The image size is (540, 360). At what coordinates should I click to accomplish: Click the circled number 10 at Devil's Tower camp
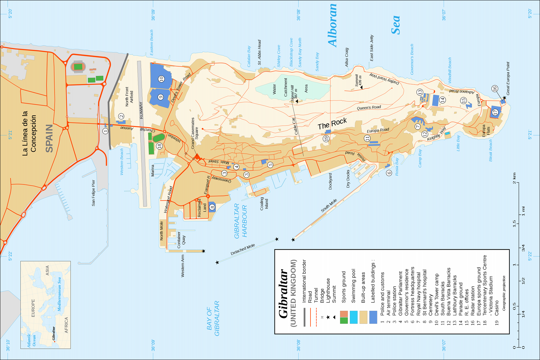tap(161, 79)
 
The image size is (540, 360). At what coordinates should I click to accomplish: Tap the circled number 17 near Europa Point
tap(495, 112)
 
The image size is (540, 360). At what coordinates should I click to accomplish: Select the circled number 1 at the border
tap(105, 131)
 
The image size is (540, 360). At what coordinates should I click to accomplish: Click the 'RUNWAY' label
tap(141, 110)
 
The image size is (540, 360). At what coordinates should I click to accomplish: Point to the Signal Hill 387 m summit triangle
tap(297, 101)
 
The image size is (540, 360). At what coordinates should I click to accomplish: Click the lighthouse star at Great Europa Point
tap(504, 98)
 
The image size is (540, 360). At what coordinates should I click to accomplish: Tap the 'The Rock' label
tap(332, 124)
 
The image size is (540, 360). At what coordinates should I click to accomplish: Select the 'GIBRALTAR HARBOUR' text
tap(240, 221)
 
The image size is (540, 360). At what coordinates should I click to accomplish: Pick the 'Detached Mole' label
tap(243, 250)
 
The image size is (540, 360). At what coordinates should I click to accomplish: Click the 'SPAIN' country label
tap(49, 138)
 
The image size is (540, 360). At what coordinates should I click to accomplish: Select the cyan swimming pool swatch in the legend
tap(354, 317)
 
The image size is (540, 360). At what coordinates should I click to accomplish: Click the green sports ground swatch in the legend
tap(344, 320)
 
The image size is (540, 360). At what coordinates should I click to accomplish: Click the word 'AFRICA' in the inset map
tap(66, 325)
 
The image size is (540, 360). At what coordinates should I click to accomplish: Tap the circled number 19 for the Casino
tap(326, 139)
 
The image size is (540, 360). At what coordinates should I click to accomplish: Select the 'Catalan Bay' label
tap(249, 56)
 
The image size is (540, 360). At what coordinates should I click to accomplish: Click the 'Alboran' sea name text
tap(332, 25)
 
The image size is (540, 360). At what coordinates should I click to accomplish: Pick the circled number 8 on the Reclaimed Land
tap(212, 207)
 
